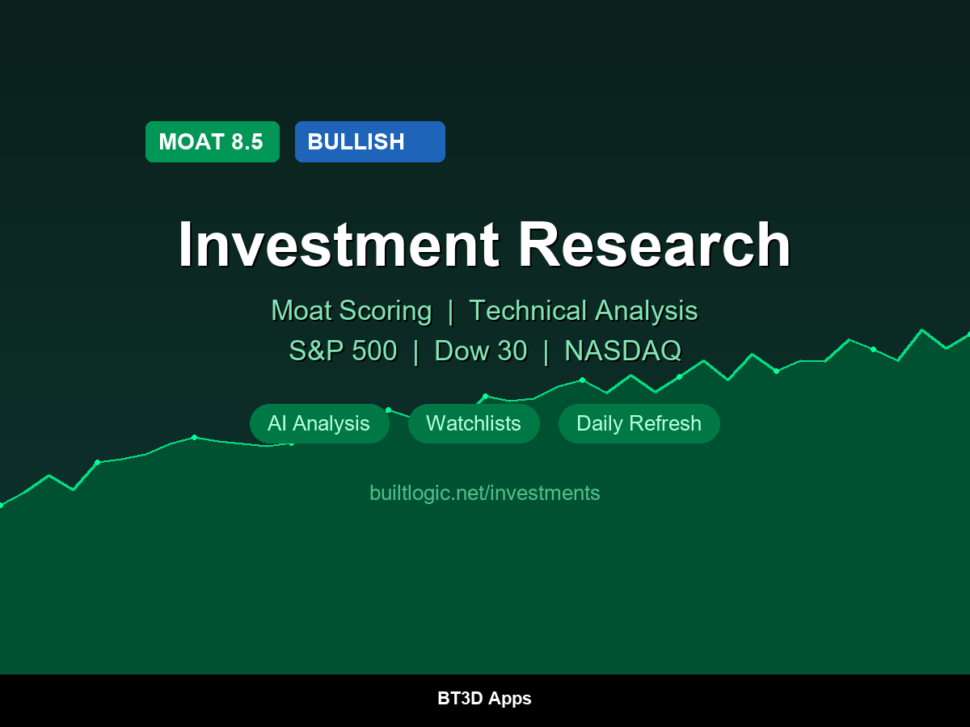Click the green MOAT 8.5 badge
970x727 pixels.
[x=212, y=142]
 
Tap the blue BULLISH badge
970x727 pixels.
[x=369, y=142]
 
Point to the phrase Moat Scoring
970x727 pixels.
[x=351, y=311]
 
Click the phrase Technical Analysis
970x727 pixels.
[x=583, y=311]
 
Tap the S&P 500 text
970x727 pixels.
[x=343, y=351]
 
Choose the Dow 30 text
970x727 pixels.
[x=480, y=351]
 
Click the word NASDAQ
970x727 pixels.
[x=622, y=351]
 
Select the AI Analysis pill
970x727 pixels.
[x=318, y=424]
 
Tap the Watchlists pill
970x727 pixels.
[x=474, y=424]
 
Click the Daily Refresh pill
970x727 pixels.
[x=639, y=424]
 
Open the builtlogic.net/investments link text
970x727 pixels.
[x=484, y=493]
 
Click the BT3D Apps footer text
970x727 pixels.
[x=484, y=699]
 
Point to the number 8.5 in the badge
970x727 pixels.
[x=247, y=142]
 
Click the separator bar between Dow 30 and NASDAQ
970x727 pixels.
[x=546, y=351]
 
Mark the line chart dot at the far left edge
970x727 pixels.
[x=2, y=505]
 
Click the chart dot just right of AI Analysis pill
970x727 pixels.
[x=388, y=410]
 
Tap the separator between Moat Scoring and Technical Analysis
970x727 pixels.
[x=450, y=311]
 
